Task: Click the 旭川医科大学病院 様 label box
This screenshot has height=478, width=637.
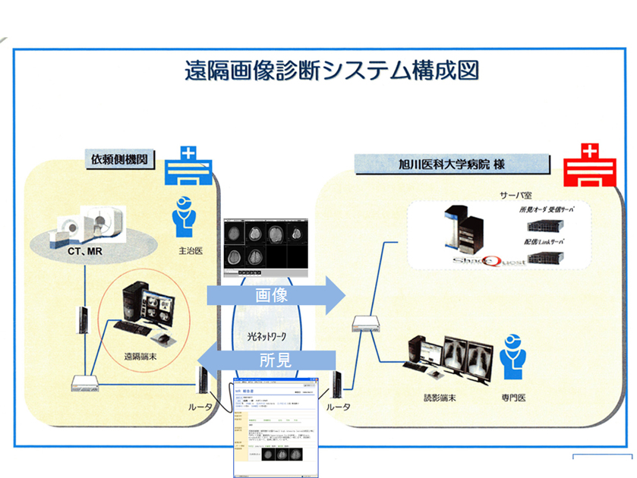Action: (453, 163)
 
